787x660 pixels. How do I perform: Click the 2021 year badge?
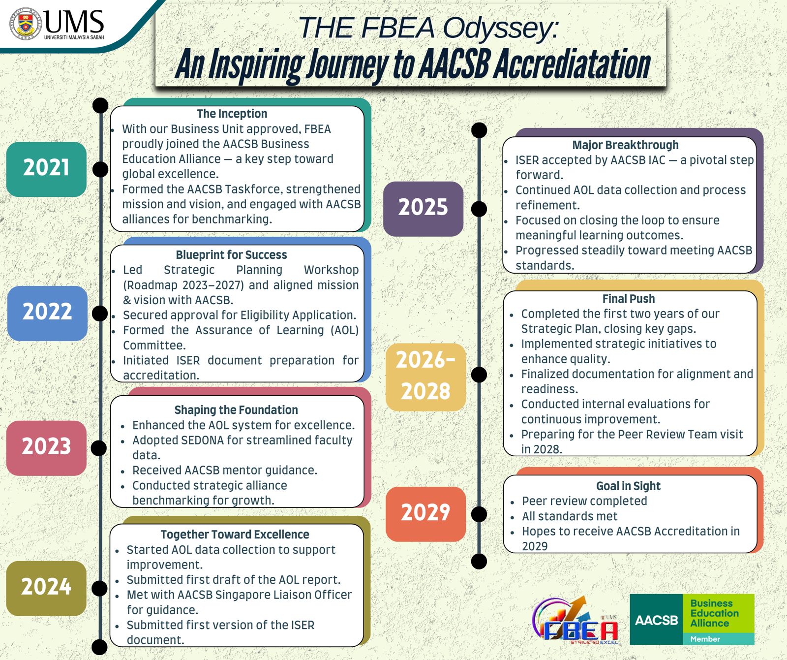tap(46, 169)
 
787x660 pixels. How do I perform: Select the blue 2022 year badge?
tap(47, 313)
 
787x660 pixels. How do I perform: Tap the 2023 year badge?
tap(46, 448)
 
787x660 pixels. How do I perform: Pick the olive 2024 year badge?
tap(46, 588)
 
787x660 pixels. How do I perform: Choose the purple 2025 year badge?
tap(423, 209)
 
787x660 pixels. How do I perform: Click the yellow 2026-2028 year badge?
tap(425, 377)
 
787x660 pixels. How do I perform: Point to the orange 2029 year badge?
tap(425, 514)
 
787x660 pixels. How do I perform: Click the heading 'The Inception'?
tap(232, 114)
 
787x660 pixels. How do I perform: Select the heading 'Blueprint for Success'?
tap(231, 255)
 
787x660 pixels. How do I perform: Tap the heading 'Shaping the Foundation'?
tap(236, 410)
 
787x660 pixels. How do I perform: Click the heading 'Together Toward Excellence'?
tap(235, 534)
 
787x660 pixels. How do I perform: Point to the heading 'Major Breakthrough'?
tap(625, 145)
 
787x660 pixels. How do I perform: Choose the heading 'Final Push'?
tap(629, 299)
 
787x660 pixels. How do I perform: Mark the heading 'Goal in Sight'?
tap(628, 486)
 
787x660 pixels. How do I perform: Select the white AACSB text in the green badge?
tap(656, 620)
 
